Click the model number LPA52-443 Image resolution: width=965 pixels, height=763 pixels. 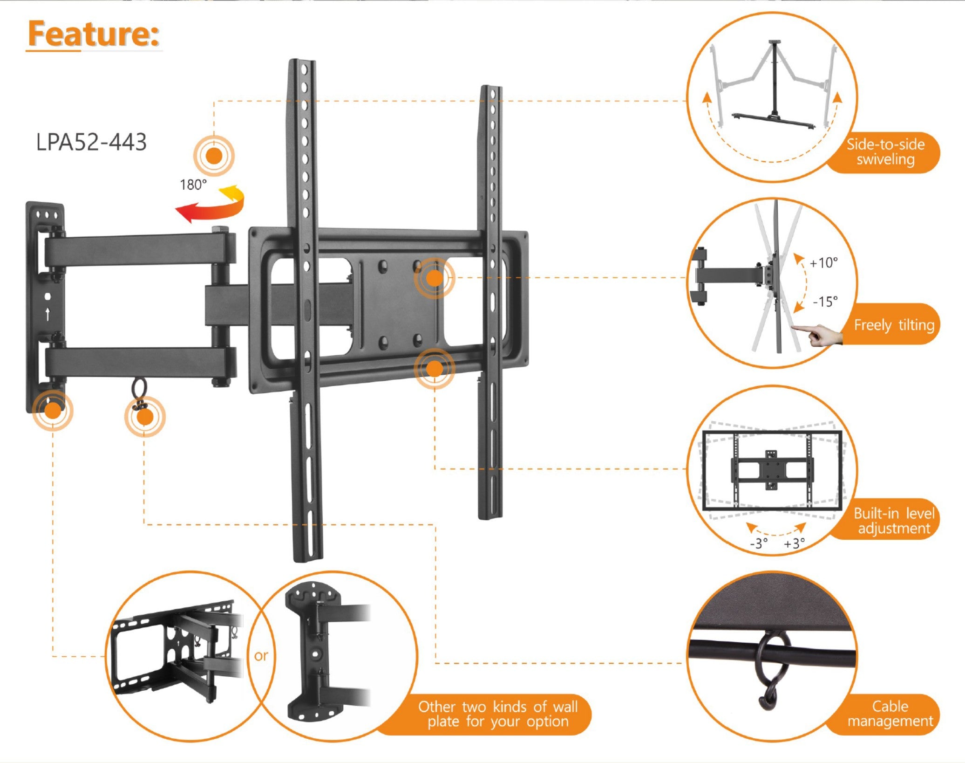[91, 142]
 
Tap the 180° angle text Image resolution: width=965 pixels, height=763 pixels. [193, 185]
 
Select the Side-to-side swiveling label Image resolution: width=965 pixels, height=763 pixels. [885, 152]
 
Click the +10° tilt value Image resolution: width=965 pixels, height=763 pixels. [823, 263]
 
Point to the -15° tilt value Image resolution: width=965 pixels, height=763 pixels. [825, 302]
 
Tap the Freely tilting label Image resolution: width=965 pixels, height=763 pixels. [893, 325]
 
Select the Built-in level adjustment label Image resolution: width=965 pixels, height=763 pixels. [893, 521]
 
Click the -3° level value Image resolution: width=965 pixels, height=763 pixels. [758, 543]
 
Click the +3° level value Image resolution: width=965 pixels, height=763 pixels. [794, 543]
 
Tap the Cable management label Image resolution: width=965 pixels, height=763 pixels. [890, 714]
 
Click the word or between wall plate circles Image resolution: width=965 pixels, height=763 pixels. [261, 656]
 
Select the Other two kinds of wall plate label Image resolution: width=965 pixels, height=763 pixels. [497, 714]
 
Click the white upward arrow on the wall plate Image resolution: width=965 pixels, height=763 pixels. [48, 315]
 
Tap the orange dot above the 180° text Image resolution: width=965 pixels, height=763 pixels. [214, 156]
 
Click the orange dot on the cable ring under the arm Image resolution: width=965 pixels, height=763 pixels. [145, 417]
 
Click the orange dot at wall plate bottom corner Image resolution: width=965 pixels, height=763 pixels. [53, 411]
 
